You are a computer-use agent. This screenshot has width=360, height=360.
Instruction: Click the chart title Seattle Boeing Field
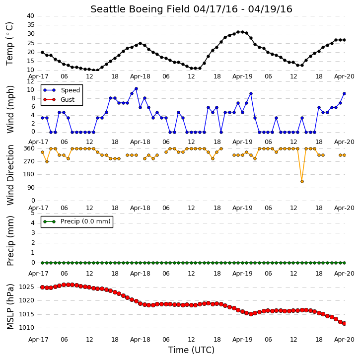pyautogui.click(x=140, y=9)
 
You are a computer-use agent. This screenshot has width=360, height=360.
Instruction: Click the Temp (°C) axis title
pyautogui.click(x=9, y=44)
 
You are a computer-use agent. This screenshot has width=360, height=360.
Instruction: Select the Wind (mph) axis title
pyautogui.click(x=10, y=109)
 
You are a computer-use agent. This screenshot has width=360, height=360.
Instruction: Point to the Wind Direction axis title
pyautogui.click(x=10, y=175)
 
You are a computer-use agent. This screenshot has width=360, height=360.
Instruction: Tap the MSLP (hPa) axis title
pyautogui.click(x=10, y=306)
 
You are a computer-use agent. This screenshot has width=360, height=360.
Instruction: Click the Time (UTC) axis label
pyautogui.click(x=191, y=350)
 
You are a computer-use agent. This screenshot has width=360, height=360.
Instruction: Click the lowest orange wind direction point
pyautogui.click(x=302, y=181)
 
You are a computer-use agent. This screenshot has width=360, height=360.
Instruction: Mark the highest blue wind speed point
pyautogui.click(x=136, y=88)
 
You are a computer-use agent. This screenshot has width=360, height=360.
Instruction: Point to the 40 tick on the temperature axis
pyautogui.click(x=30, y=16)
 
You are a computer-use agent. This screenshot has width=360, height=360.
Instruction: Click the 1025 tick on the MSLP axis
pyautogui.click(x=27, y=287)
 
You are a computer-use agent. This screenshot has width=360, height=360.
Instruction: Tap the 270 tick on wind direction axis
pyautogui.click(x=29, y=161)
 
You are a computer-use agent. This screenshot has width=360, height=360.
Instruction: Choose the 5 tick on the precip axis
pyautogui.click(x=33, y=213)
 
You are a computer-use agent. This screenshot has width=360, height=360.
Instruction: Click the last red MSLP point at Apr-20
pyautogui.click(x=344, y=323)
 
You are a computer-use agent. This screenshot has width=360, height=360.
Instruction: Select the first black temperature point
pyautogui.click(x=43, y=52)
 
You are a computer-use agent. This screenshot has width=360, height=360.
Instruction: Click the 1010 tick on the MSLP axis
pyautogui.click(x=27, y=328)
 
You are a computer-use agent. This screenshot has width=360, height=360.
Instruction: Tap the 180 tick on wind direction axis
pyautogui.click(x=29, y=174)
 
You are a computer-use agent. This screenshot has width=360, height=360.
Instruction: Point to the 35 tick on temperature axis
pyautogui.click(x=30, y=25)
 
